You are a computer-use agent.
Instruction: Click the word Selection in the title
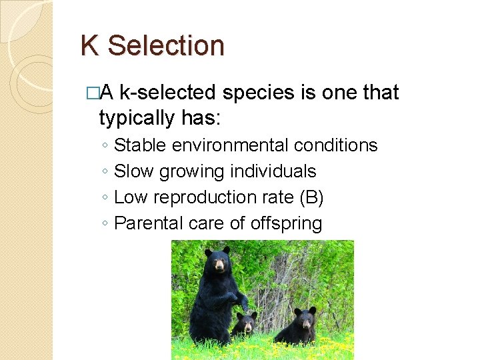(166, 46)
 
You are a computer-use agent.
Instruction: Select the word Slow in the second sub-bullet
(133, 171)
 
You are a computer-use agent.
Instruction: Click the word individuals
(273, 171)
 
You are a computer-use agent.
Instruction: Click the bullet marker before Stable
(105, 146)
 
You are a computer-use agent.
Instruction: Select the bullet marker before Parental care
(105, 224)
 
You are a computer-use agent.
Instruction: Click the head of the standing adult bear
(218, 261)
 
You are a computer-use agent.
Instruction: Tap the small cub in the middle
(245, 325)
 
